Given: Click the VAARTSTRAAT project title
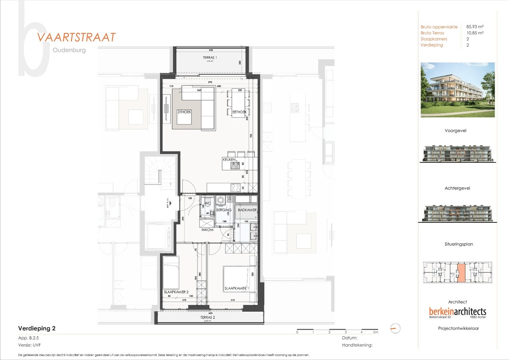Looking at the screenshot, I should (76, 37).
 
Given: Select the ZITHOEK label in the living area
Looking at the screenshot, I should (184, 112).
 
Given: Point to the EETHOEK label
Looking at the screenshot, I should (239, 112).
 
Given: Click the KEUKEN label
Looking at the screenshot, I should (229, 160).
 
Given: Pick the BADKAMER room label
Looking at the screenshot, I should (247, 210).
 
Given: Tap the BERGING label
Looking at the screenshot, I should (224, 210).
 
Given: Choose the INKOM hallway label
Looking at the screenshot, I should (208, 230).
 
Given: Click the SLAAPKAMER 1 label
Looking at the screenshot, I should (237, 288).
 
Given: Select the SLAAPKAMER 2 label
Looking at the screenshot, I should (176, 292).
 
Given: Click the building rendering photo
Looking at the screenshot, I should (457, 90).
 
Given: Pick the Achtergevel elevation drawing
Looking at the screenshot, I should (457, 213).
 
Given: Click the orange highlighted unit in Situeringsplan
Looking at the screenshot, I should (461, 273).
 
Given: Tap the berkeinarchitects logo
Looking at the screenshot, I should (457, 311).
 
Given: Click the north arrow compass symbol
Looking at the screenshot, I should (395, 328).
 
